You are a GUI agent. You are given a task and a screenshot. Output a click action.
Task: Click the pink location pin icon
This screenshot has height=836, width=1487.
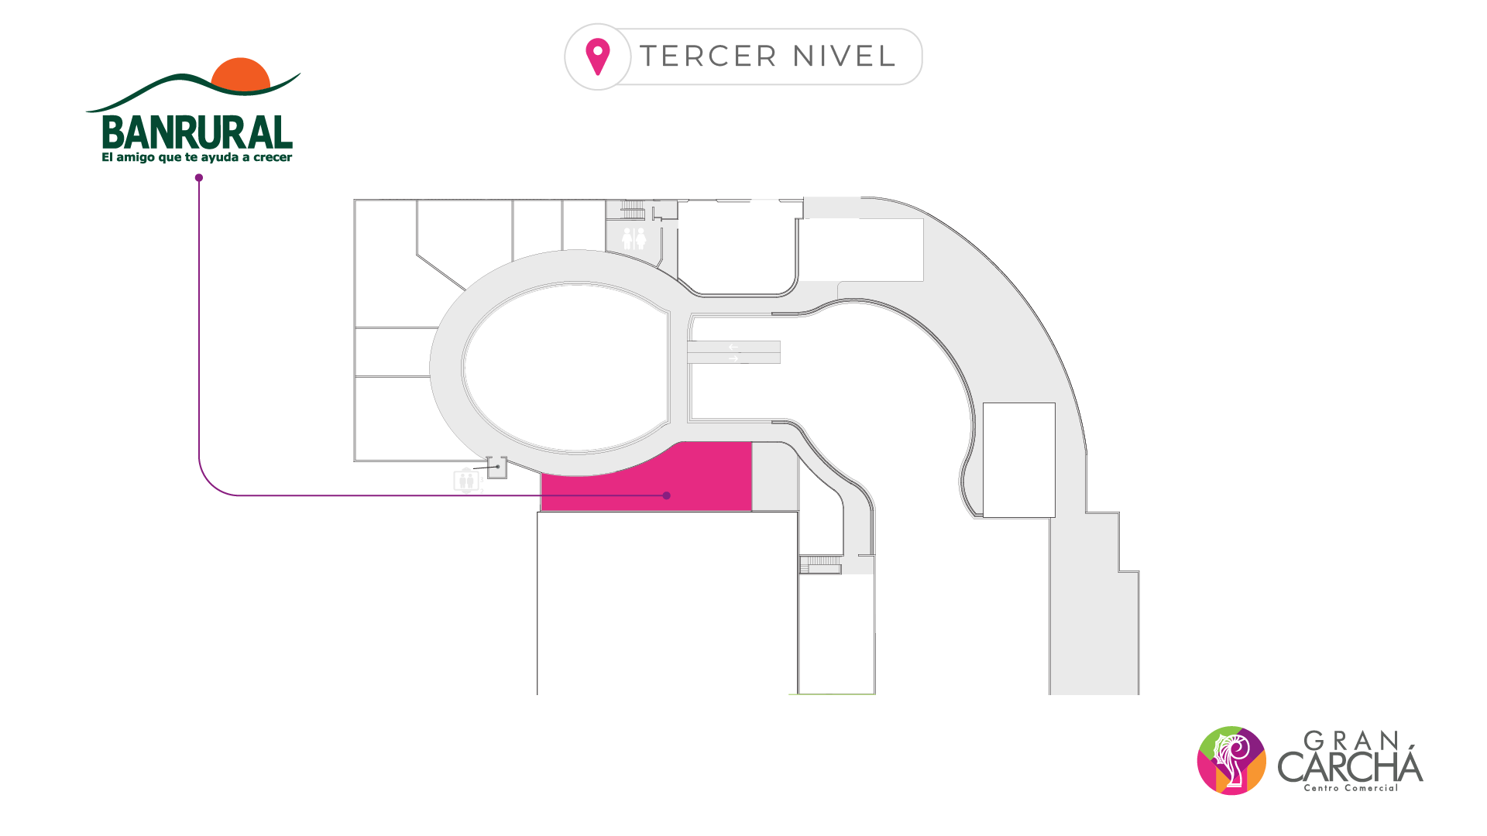(x=598, y=57)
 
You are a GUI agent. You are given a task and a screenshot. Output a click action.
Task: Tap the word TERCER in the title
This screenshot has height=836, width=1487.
(x=708, y=57)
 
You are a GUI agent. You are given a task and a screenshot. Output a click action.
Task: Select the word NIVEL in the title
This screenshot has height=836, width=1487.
(x=844, y=57)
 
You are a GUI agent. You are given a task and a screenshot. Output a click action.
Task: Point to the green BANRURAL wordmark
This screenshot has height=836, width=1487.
(x=197, y=133)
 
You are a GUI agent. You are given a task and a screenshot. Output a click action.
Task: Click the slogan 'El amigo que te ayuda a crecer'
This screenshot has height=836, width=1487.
(x=197, y=158)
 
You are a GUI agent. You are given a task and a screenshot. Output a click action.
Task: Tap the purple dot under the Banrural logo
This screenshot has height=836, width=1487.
(x=199, y=178)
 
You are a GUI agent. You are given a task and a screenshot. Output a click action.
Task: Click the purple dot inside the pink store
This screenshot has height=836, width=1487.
(x=666, y=495)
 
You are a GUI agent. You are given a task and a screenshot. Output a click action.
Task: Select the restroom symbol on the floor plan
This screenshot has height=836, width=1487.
(x=634, y=238)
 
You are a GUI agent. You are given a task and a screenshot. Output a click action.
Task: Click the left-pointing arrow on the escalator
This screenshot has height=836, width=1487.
(x=733, y=347)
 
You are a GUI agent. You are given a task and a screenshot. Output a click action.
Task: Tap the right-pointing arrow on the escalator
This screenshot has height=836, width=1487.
(x=733, y=358)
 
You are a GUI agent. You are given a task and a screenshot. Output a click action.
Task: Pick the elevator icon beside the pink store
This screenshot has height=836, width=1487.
(x=466, y=481)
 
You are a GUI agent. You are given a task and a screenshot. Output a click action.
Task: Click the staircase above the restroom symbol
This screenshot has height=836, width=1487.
(x=633, y=209)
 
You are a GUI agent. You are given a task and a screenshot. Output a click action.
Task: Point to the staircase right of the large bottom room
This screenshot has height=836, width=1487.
(x=820, y=564)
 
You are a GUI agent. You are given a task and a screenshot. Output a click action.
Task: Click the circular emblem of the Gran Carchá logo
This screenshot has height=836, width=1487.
(x=1231, y=760)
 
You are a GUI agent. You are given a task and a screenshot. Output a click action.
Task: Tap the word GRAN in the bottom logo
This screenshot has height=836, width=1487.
(x=1351, y=742)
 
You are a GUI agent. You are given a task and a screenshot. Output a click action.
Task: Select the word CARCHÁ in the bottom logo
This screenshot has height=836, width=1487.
(x=1350, y=766)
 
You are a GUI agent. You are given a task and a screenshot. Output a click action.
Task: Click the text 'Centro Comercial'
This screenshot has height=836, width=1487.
(x=1351, y=788)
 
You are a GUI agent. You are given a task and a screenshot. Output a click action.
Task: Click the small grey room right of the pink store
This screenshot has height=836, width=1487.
(x=774, y=477)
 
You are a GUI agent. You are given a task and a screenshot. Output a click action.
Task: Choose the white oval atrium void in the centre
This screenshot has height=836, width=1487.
(x=565, y=368)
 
